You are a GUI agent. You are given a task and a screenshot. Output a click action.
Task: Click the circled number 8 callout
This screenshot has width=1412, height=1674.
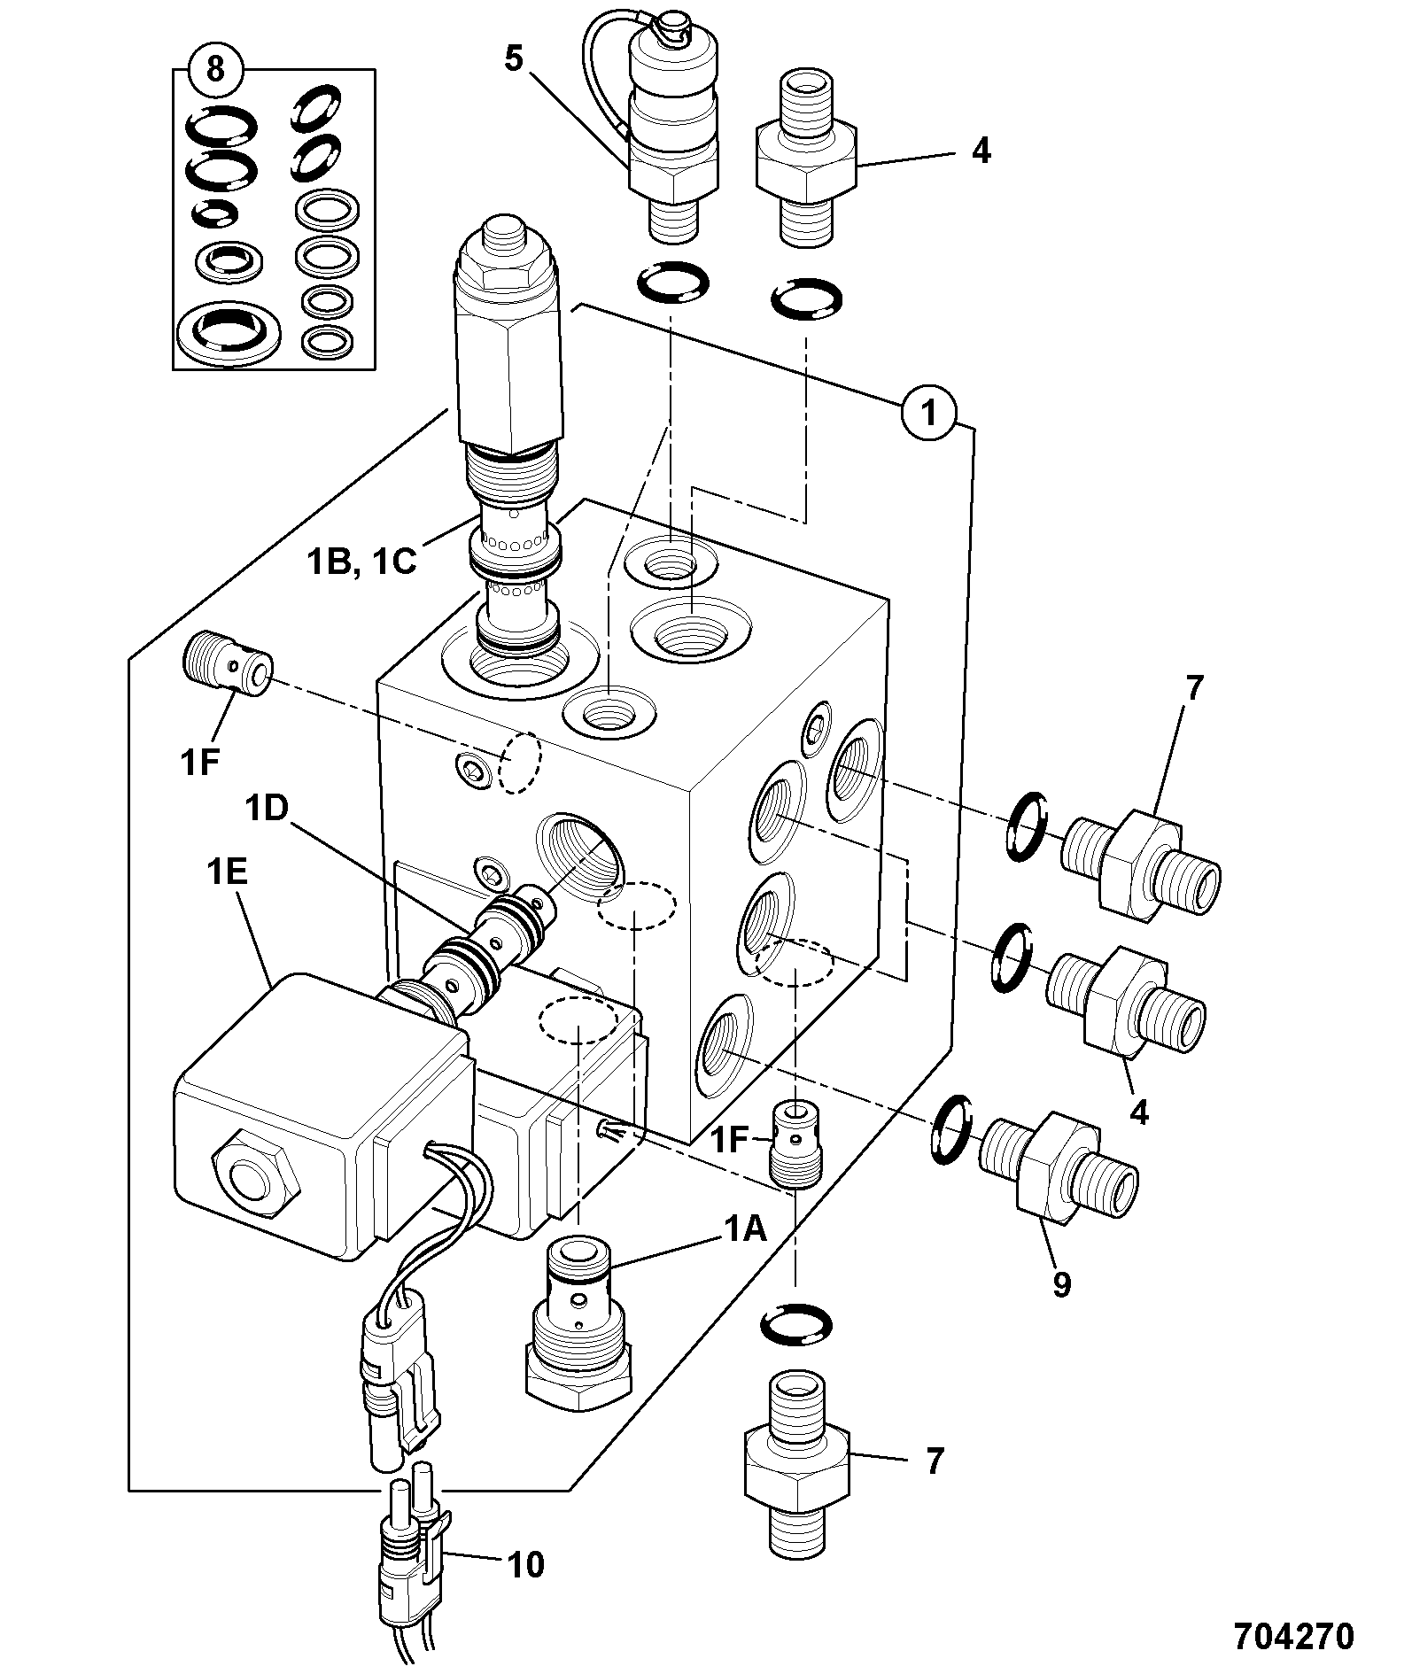click(215, 69)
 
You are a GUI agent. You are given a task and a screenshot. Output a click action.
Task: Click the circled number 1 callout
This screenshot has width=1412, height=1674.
click(929, 411)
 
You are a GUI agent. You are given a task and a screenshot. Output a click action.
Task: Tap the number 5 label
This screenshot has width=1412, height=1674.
click(515, 59)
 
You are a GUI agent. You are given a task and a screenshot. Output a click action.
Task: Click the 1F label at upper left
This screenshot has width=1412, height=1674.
click(199, 762)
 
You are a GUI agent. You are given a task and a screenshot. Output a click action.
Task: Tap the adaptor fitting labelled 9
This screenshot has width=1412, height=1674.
click(1059, 1162)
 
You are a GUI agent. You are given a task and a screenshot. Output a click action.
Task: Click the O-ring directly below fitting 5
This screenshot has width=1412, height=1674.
click(673, 283)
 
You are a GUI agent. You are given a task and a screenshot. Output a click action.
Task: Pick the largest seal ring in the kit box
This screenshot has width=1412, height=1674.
click(229, 333)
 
